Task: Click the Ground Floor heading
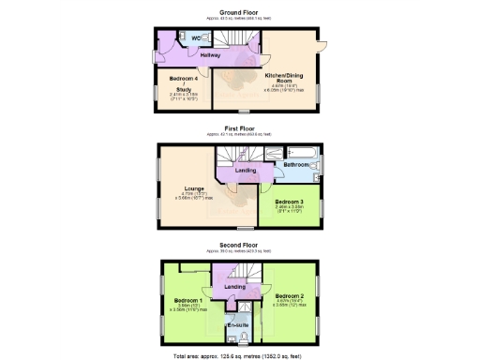coord(239,12)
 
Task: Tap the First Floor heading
coord(239,128)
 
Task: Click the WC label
coord(197,38)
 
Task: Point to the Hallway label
coord(184,56)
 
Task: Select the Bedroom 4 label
coord(183,78)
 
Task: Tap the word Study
coord(183,90)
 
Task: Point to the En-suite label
coord(236,324)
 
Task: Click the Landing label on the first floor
coord(246,170)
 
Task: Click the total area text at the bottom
coord(239,357)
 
